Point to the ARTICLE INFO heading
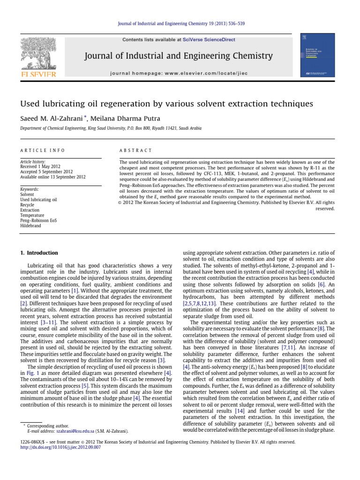[42, 150]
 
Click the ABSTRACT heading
[136, 150]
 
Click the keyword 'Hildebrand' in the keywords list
[31, 225]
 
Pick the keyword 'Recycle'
[27, 205]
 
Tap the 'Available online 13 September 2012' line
[53, 177]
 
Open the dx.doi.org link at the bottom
[61, 447]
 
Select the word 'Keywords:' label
[30, 189]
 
